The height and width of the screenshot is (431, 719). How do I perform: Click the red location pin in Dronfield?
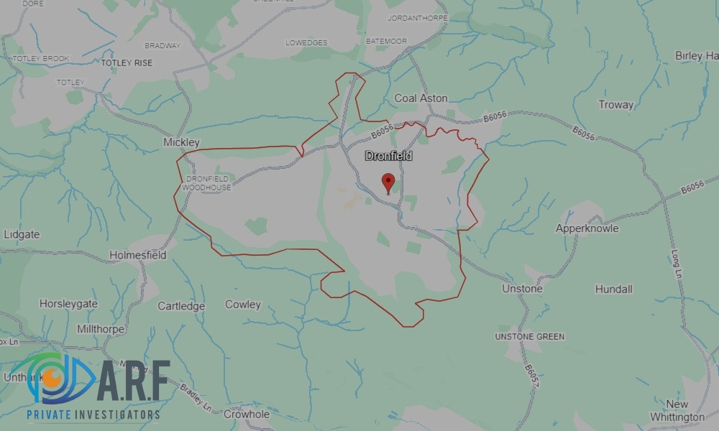pos(388,182)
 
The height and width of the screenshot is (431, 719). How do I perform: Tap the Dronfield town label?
pos(388,156)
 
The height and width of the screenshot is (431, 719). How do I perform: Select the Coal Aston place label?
pos(421,98)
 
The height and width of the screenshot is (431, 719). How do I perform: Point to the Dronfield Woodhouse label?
pos(208,182)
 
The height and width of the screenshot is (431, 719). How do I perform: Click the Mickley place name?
pos(181,142)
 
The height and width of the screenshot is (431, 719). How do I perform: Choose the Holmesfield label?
pos(138,254)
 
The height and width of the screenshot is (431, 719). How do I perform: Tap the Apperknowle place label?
pos(587,228)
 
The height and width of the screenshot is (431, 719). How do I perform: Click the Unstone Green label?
pos(530,336)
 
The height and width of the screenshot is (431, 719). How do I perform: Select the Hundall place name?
pos(613,289)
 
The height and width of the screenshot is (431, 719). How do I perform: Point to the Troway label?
pos(616,105)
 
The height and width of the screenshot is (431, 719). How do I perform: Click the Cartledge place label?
pos(181,306)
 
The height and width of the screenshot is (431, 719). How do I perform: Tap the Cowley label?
pos(243,305)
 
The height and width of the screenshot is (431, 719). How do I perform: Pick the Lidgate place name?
pos(22,234)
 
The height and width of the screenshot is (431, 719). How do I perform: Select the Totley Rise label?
pos(127,63)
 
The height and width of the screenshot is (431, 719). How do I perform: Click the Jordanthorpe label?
pos(417,17)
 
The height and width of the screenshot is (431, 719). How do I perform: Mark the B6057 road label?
pos(531,378)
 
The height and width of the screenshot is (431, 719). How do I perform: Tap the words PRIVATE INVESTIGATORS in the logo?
pos(93,415)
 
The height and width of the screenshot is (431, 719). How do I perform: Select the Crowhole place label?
pos(247,414)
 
